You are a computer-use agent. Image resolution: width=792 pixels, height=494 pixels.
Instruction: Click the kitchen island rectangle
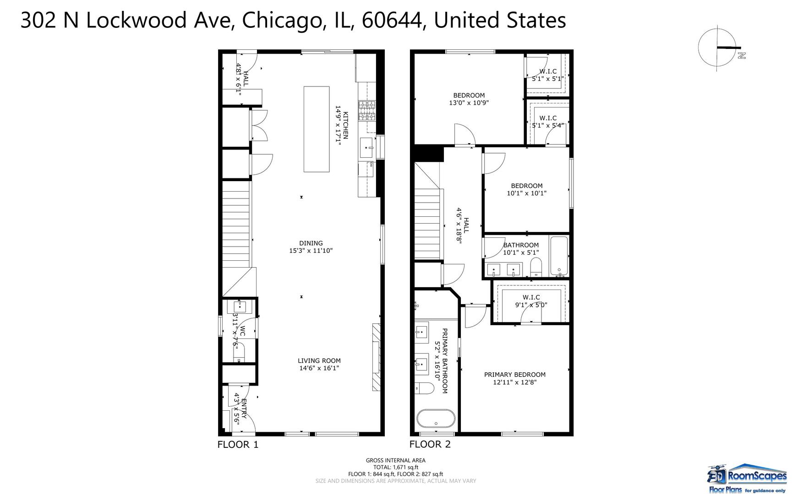(x=317, y=129)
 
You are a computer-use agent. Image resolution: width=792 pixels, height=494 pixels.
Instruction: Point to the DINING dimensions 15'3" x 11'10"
(x=311, y=251)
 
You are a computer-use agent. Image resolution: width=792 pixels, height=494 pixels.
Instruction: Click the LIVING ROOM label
(x=319, y=360)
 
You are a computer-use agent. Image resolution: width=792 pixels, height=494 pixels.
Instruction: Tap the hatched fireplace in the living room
(x=376, y=357)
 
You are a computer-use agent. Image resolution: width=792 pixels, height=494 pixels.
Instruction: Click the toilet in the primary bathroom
(x=425, y=388)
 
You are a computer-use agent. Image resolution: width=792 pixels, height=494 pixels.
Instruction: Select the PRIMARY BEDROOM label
(x=514, y=374)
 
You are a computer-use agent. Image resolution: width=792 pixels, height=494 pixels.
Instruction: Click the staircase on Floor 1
(x=236, y=224)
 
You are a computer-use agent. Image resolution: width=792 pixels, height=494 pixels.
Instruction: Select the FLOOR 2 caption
(x=430, y=444)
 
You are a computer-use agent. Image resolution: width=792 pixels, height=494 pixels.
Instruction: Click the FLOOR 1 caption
(x=238, y=444)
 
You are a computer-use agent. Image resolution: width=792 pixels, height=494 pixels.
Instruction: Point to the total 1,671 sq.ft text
(x=395, y=467)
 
